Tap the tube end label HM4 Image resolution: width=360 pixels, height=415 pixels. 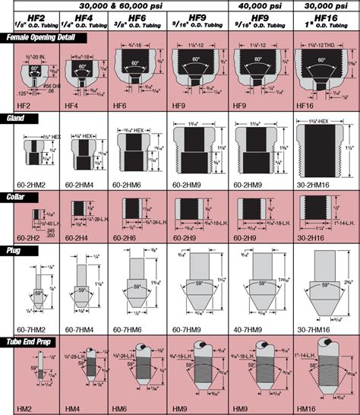tap(74, 408)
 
